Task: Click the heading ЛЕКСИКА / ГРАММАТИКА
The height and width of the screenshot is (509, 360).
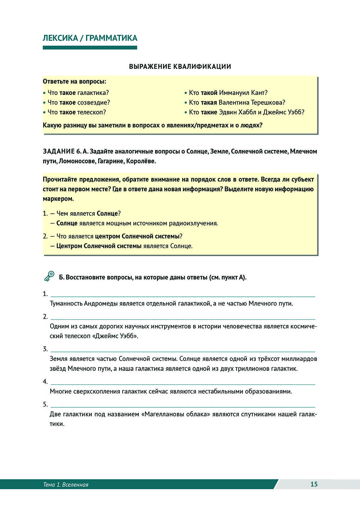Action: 90,38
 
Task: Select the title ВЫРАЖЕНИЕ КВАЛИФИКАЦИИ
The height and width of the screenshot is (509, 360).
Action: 180,66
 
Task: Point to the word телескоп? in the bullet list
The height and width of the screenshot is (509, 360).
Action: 91,112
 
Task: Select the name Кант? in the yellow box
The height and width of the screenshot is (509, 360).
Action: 260,93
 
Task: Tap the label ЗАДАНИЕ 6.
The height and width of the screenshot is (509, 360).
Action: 59,151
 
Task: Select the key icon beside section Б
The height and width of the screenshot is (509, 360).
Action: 49,276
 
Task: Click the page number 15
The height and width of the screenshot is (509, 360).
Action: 314,484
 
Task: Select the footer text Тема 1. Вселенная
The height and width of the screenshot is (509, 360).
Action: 66,484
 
